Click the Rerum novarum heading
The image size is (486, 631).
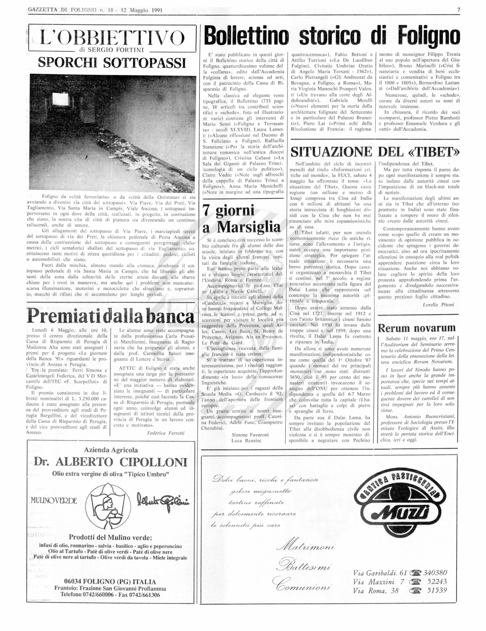click(416, 328)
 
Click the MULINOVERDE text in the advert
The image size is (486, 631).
click(54, 500)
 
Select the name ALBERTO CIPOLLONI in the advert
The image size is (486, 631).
click(121, 462)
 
